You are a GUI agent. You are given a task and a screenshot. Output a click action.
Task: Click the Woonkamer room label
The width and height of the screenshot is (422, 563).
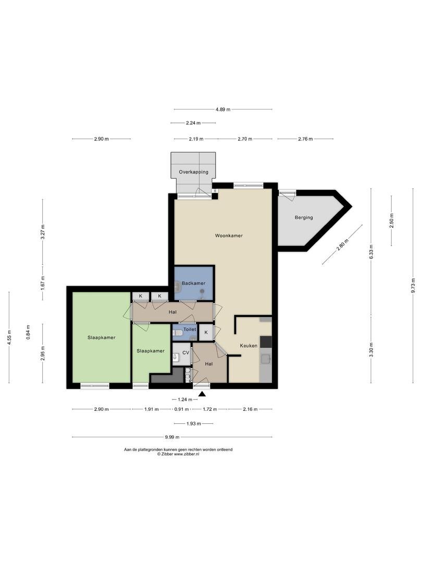[x=229, y=236]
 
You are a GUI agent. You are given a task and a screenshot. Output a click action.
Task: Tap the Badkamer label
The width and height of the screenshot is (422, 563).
[x=193, y=283]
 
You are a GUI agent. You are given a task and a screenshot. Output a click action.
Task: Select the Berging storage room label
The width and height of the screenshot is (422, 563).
[x=304, y=217]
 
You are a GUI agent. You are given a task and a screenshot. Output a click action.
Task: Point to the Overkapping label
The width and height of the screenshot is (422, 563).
[x=193, y=172]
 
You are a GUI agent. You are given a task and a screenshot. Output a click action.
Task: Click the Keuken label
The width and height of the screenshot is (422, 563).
[x=249, y=346]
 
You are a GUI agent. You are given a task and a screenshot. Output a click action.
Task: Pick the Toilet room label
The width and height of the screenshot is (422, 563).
[x=190, y=329]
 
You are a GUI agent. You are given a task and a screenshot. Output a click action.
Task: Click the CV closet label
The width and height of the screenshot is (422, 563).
[x=185, y=352]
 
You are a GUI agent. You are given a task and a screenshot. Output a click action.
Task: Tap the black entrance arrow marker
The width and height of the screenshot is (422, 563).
[x=202, y=394]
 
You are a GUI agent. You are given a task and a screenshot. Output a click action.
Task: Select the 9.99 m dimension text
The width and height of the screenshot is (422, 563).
[x=172, y=437]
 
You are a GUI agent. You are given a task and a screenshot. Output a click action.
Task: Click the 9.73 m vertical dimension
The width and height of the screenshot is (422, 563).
[x=413, y=286]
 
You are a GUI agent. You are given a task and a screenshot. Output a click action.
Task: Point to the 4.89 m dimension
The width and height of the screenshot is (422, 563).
[x=223, y=109]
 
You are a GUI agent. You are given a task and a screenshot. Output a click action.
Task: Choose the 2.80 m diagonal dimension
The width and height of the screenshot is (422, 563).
[x=343, y=244]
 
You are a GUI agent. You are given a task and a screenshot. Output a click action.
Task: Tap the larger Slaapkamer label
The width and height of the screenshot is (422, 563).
[x=102, y=337]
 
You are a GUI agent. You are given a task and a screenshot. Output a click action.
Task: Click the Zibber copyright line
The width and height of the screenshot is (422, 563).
[x=178, y=454]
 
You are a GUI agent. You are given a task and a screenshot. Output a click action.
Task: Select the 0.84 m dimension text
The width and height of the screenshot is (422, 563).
[x=28, y=332]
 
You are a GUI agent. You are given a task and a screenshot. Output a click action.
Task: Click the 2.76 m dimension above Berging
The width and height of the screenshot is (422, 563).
[x=305, y=139]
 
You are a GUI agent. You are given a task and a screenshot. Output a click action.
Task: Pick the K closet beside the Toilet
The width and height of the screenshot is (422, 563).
[x=206, y=333]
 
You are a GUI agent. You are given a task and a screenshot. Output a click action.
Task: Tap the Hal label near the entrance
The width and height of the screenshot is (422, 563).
[x=208, y=364]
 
